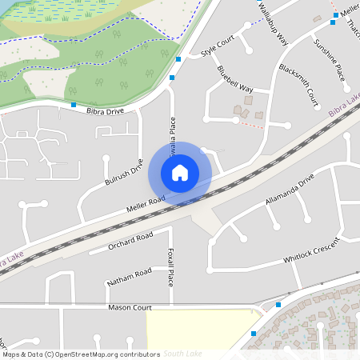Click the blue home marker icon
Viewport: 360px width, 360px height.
pos(180,173)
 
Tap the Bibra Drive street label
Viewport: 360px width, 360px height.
pos(105,111)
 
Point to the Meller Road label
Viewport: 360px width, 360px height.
pos(145,205)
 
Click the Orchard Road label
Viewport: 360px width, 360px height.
pos(130,242)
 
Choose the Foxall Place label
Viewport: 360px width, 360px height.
pos(171,267)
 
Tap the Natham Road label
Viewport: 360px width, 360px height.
pos(129,278)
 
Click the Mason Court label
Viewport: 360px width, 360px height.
pos(130,307)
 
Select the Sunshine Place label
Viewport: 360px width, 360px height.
pos(330,59)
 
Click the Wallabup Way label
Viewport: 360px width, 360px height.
pos(273,24)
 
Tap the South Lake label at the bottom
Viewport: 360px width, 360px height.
pos(182,353)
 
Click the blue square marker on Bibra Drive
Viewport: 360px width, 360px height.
pos(74,105)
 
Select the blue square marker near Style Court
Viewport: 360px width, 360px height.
pos(178,59)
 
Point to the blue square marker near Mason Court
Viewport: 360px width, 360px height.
pos(278,304)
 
